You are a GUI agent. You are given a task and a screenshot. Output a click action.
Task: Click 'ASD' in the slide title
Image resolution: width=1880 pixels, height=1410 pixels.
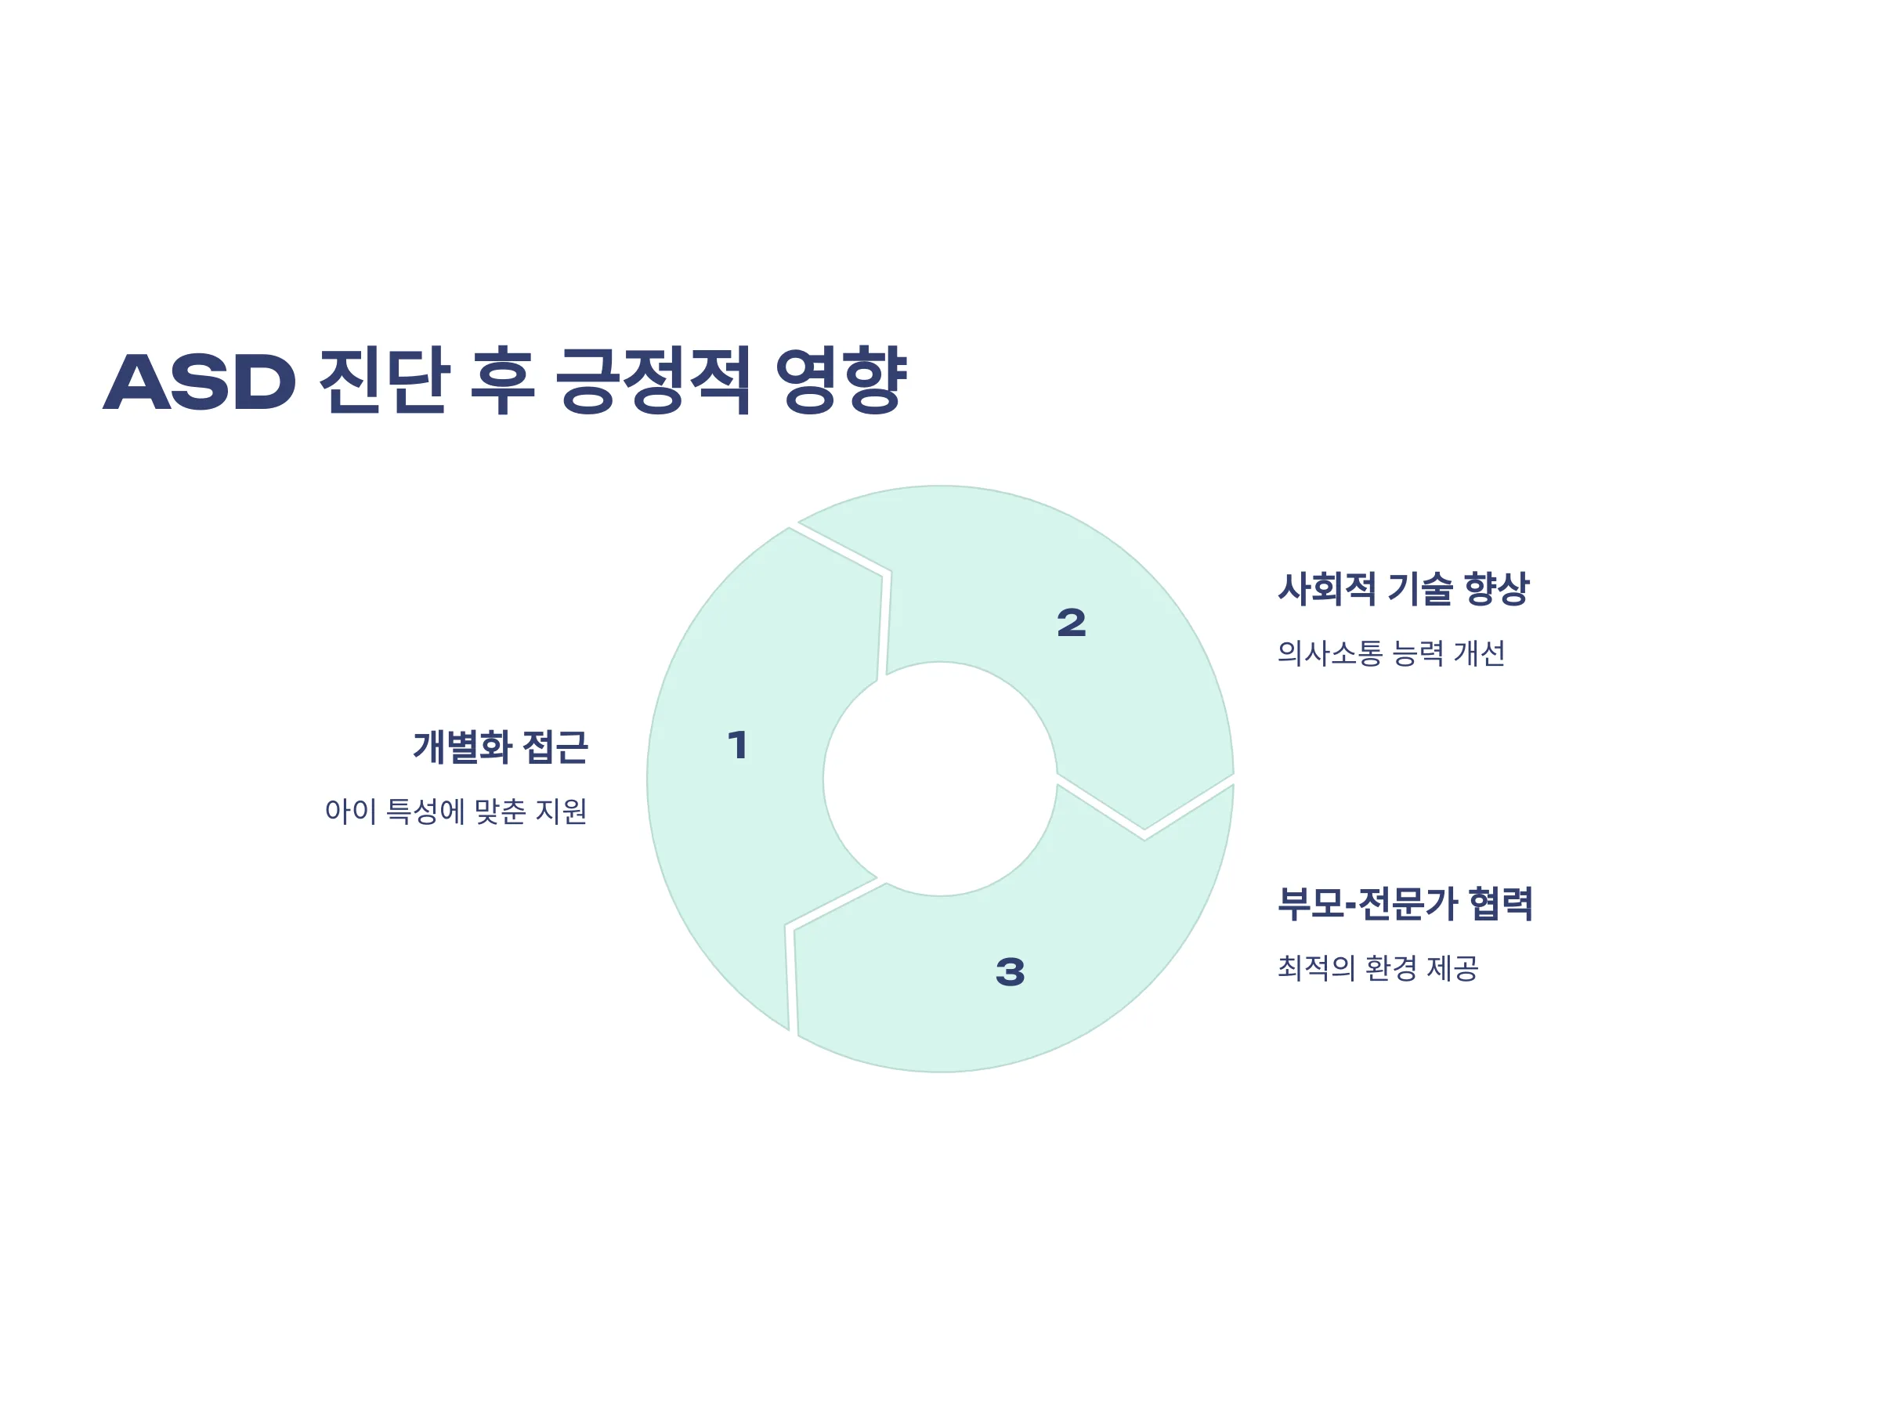200,381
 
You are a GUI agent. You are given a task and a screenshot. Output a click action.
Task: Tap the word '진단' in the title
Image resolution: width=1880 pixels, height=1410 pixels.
384,380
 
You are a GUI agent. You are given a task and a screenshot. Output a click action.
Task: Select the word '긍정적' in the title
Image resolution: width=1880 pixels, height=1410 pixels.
653,380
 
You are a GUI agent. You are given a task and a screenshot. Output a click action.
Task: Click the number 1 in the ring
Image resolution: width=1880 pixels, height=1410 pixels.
738,746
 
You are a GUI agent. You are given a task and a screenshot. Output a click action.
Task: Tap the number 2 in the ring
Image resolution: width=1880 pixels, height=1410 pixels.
1071,623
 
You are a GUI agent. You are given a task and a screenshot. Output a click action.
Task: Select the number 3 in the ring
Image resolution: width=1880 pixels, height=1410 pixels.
1010,971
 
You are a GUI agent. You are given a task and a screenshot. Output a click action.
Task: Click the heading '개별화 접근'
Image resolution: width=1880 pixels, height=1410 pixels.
501,747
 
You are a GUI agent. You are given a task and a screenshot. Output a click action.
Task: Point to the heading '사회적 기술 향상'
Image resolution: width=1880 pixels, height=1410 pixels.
1403,588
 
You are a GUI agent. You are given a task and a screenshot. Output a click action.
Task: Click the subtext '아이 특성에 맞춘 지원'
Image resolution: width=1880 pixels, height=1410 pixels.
456,811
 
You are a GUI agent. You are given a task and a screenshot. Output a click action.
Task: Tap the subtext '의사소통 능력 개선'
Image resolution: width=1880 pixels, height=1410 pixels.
1390,653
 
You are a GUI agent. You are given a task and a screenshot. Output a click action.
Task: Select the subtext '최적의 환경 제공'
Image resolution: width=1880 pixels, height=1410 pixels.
1378,967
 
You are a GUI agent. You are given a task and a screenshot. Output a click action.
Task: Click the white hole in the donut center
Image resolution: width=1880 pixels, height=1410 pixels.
940,779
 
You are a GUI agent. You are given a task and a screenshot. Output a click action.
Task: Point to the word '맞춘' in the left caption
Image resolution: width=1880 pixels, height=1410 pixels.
501,811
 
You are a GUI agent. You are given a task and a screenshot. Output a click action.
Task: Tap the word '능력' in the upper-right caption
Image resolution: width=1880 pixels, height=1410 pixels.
1419,653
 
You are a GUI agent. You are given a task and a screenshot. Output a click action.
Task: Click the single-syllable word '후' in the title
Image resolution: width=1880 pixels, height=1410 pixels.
503,380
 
